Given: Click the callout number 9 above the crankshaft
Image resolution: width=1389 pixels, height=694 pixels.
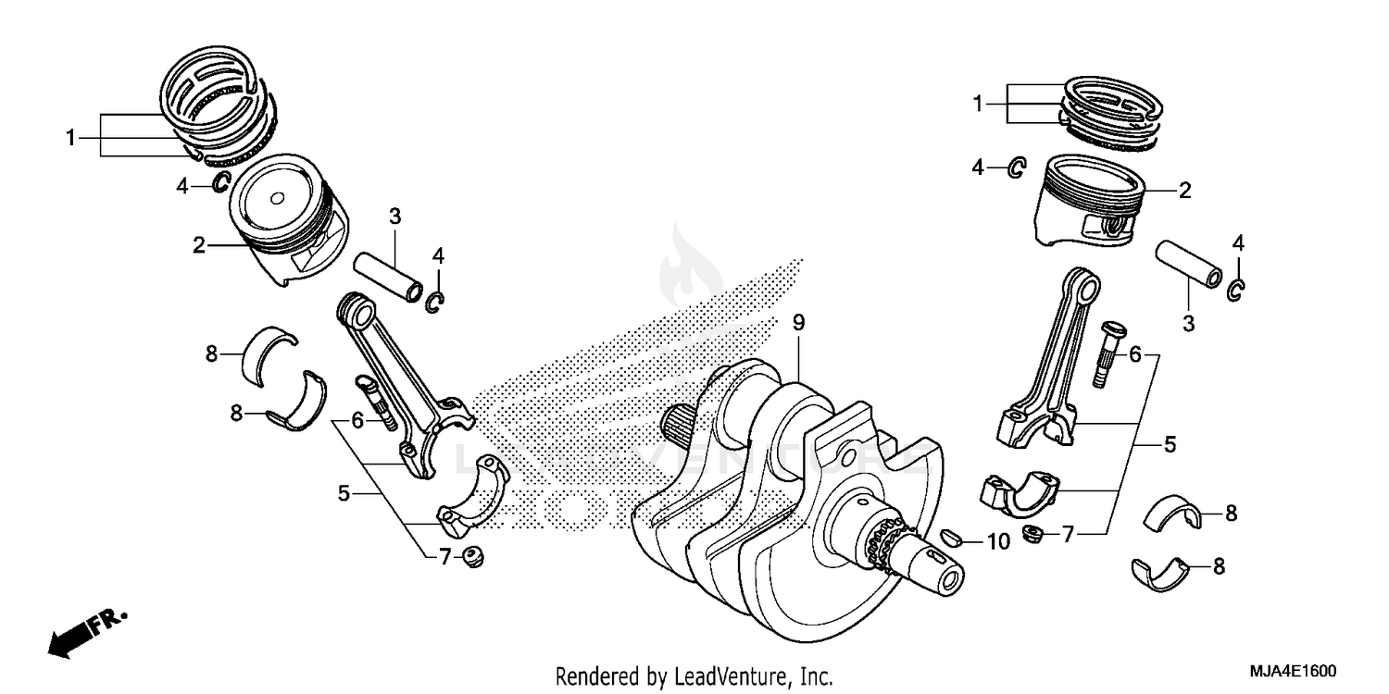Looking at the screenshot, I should (798, 323).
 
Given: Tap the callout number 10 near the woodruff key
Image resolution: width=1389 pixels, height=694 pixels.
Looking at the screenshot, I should (997, 542).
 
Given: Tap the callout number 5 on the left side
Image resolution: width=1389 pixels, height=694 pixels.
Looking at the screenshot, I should (344, 493).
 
